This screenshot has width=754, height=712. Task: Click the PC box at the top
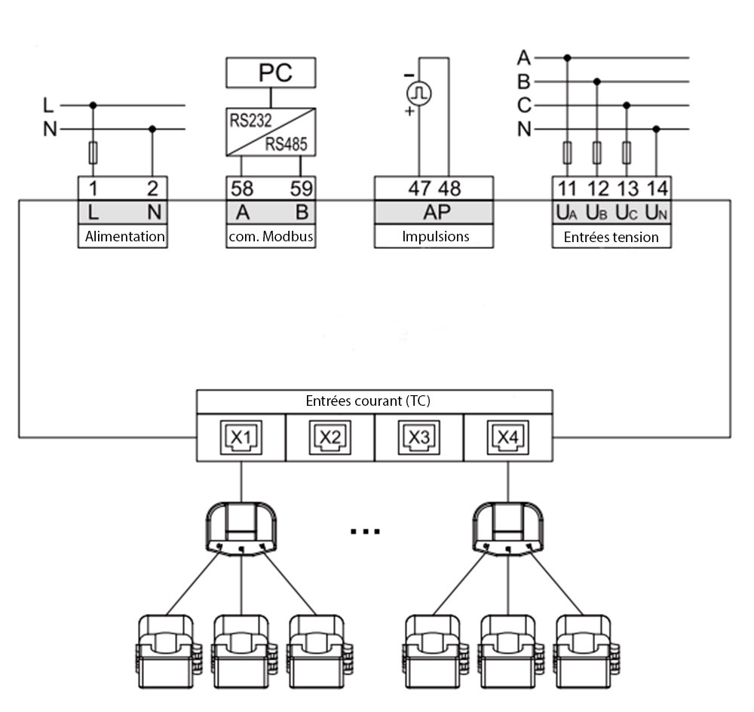[271, 73]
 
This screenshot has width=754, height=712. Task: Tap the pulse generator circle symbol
[417, 94]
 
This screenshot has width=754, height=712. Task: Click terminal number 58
[242, 189]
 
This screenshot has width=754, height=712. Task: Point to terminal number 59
[301, 189]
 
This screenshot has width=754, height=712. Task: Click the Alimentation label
[124, 236]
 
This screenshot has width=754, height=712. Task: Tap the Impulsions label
[434, 236]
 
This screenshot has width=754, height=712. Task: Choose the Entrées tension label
[611, 237]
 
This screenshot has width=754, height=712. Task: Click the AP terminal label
[435, 213]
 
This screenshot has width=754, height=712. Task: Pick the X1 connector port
[241, 436]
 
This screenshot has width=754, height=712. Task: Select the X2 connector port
[330, 436]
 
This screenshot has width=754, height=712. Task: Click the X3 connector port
[418, 436]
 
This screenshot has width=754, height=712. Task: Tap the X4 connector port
[507, 436]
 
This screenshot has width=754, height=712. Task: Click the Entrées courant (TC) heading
[374, 401]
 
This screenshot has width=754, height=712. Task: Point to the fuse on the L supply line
[93, 154]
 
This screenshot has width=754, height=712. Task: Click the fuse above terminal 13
[627, 154]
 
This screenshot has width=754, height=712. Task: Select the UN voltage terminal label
[657, 213]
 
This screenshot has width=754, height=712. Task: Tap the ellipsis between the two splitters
[366, 531]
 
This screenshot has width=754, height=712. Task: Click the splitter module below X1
[241, 524]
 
